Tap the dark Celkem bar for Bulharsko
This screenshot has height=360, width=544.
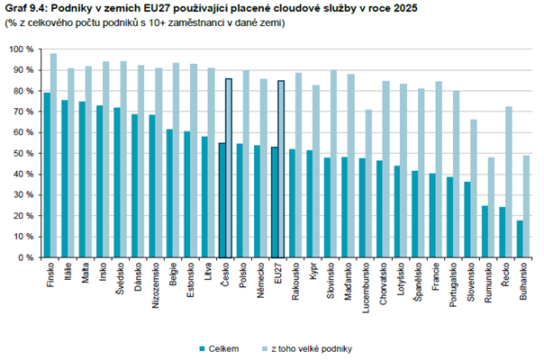(x=520, y=238)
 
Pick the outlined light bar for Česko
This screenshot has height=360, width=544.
(x=229, y=167)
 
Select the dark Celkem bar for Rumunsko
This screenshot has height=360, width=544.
(x=485, y=231)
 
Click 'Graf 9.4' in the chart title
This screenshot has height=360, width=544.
(x=29, y=9)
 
